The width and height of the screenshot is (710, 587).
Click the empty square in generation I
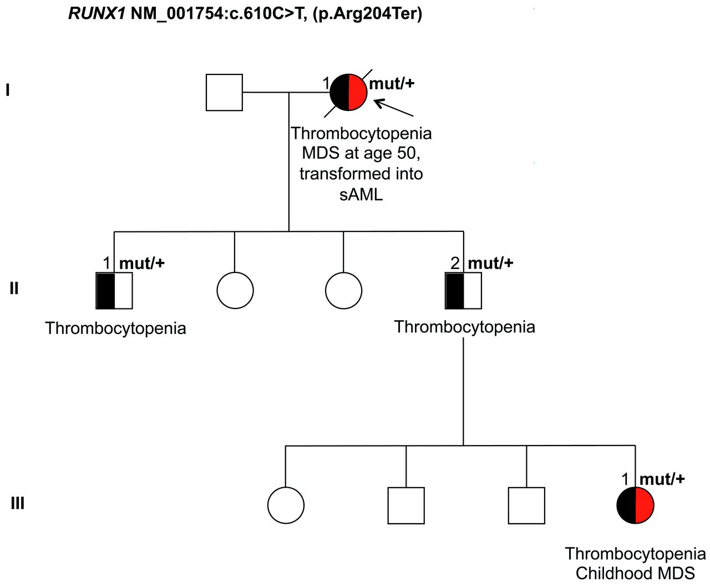coord(224,92)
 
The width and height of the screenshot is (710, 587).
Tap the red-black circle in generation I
coord(348,92)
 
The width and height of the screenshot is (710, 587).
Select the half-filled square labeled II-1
coord(114,291)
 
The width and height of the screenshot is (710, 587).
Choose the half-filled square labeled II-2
coord(463,291)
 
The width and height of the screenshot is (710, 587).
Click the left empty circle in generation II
coord(235,291)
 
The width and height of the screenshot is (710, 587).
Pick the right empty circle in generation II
coord(343,291)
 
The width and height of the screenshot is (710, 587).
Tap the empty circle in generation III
coord(286,505)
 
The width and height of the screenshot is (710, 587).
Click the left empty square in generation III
coord(406,505)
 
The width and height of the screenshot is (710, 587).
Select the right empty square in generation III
coord(526,505)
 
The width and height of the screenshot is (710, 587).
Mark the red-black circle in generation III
coord(635,505)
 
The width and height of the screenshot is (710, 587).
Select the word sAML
coord(361,194)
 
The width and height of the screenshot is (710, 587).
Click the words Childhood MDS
coord(635,573)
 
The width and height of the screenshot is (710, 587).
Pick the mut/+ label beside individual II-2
coord(490,263)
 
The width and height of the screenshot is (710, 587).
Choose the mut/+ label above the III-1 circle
coord(662,478)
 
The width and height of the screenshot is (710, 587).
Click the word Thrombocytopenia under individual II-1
coord(115,328)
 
